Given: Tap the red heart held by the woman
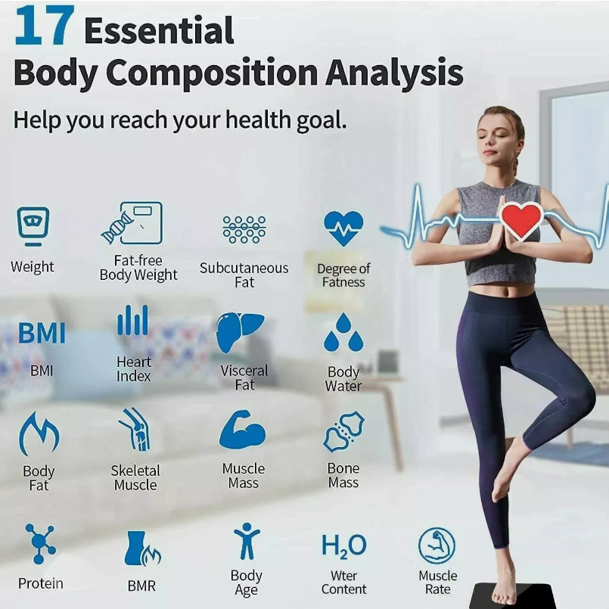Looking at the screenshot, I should click(521, 220).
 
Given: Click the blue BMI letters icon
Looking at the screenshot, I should click(42, 334).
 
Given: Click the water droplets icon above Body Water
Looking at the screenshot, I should click(343, 333).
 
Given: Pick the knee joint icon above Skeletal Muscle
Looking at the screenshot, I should click(135, 430).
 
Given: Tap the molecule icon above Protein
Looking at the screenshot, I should click(40, 542).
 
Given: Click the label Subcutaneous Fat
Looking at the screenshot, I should click(244, 275).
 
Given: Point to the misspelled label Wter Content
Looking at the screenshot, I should click(343, 583).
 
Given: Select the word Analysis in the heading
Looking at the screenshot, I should click(394, 74).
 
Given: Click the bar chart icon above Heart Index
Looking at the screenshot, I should click(133, 321).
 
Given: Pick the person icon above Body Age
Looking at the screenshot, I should click(246, 542).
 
